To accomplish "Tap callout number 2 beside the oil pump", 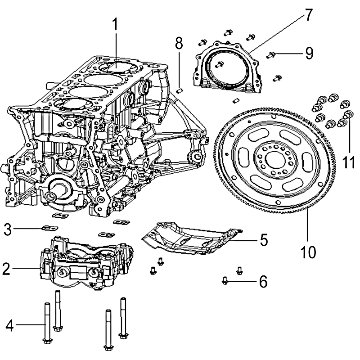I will pos(6,270).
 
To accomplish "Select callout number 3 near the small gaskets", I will pos(7,229).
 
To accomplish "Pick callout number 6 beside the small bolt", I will pos(263,282).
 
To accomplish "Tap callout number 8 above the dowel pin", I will pos(179,44).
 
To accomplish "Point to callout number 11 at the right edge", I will pos(349,161).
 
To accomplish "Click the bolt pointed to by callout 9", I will pos(271,54).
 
